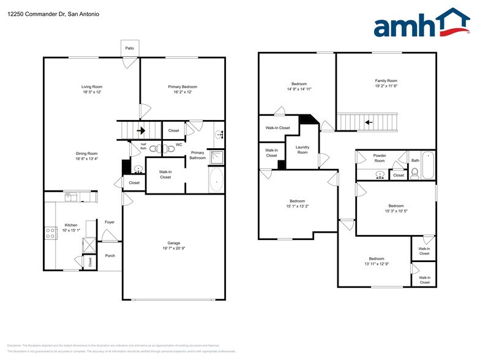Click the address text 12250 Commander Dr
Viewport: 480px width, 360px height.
(37, 13)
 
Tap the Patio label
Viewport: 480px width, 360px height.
(129, 47)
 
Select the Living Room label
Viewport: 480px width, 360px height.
(91, 86)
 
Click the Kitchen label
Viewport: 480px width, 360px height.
(71, 225)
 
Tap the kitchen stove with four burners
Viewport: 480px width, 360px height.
(50, 233)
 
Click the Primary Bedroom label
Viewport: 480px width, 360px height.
(182, 86)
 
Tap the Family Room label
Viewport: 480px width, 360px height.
(386, 80)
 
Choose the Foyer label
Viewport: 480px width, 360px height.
(110, 222)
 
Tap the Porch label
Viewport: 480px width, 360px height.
(110, 255)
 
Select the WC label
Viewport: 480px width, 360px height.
(179, 145)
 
